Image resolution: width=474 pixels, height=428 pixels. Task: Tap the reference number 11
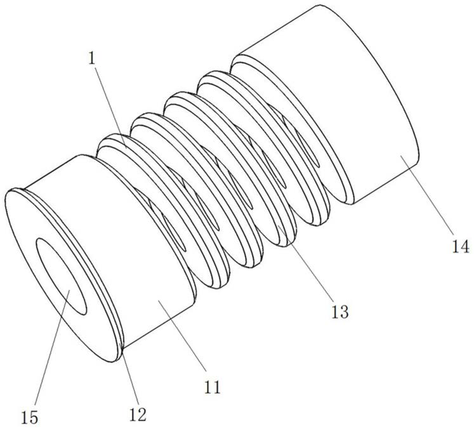point(212,386)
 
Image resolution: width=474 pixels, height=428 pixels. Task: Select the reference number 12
point(138,414)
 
